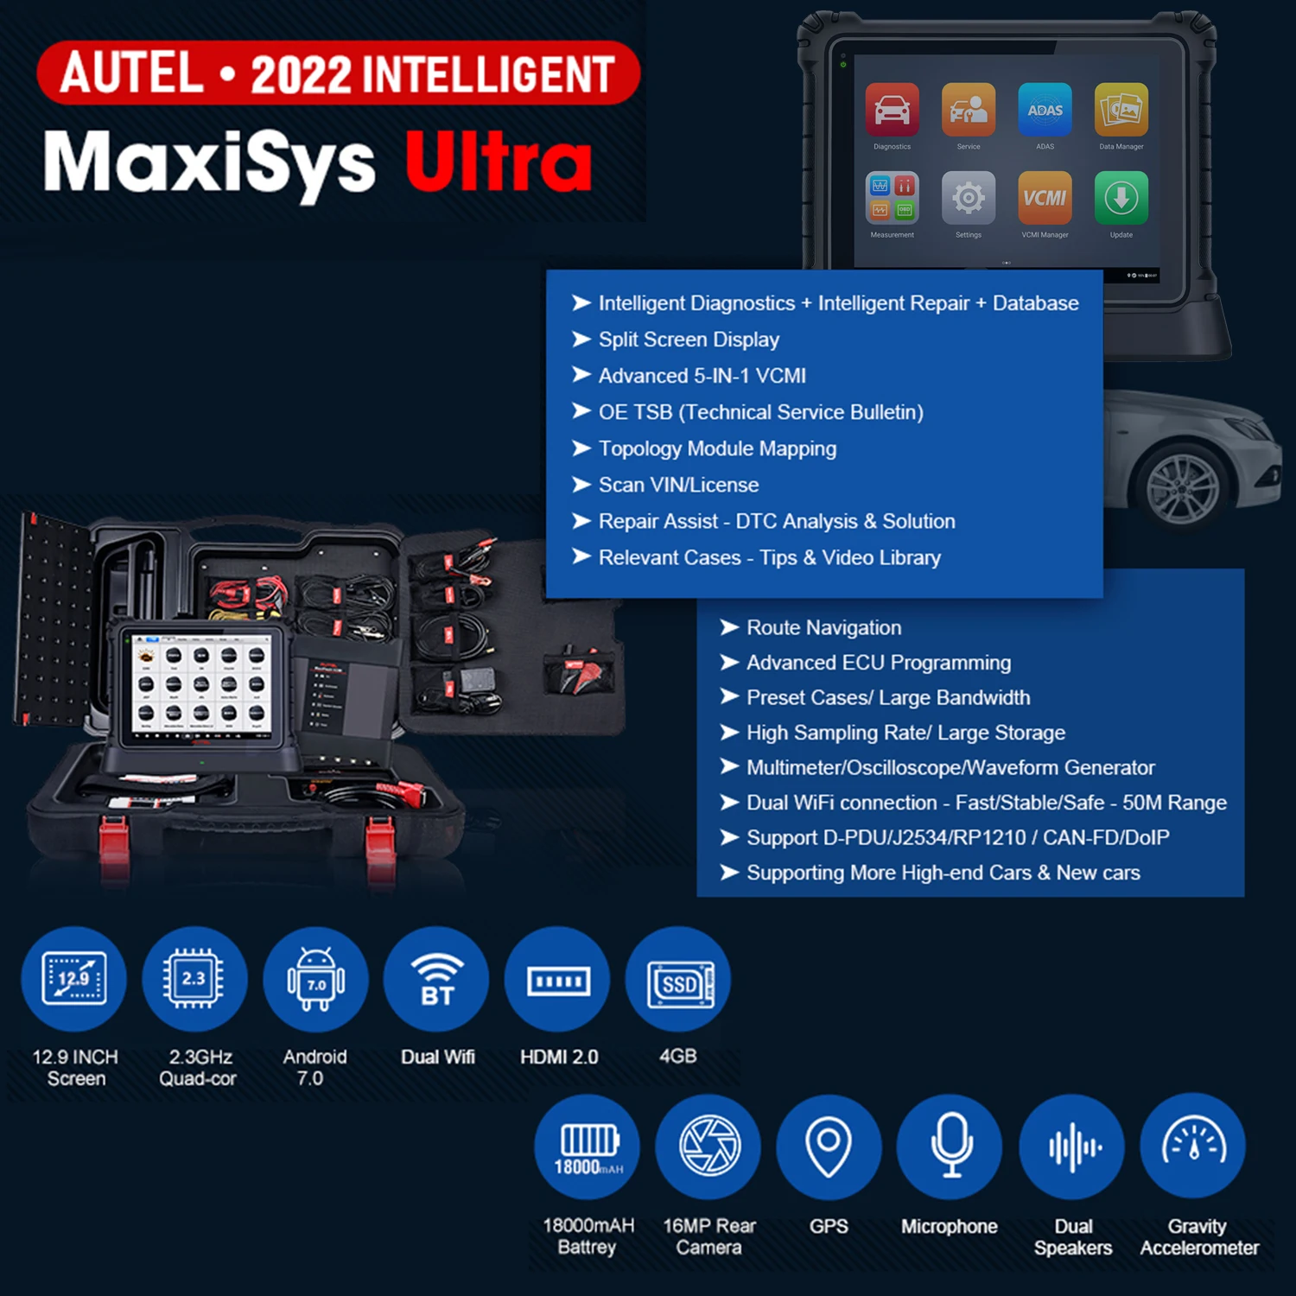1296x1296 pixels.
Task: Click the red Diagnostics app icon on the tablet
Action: (892, 111)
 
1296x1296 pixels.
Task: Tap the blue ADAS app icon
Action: (1045, 111)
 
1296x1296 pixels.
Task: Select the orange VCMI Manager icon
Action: (1045, 198)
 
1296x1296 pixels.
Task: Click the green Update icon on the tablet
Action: (1121, 198)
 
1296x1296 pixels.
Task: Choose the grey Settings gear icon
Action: (968, 198)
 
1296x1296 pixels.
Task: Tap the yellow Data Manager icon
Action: (1121, 111)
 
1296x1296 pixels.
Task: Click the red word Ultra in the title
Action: (499, 162)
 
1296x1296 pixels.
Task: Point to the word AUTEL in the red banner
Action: (131, 73)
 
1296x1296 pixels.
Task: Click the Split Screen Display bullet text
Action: (689, 340)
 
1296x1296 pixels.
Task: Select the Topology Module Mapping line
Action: (717, 448)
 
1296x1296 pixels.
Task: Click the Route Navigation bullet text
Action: (823, 627)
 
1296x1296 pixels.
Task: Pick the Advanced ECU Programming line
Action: (878, 663)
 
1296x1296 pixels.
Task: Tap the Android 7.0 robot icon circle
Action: (315, 979)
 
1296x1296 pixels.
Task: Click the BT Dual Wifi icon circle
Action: (436, 979)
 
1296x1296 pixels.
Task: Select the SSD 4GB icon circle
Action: (678, 979)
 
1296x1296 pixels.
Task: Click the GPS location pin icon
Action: (829, 1146)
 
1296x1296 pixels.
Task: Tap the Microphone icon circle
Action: (950, 1146)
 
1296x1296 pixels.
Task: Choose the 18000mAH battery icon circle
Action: (588, 1146)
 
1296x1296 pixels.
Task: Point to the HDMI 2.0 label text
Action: (559, 1057)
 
